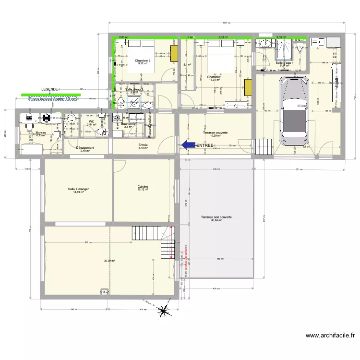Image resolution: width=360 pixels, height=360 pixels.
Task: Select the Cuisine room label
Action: [143, 188]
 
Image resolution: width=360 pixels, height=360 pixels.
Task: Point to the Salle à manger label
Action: [78, 190]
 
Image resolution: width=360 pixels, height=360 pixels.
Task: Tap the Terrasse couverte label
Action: [215, 133]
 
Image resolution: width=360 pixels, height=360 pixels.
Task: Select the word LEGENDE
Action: [50, 89]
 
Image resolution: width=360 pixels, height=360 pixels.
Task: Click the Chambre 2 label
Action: [143, 61]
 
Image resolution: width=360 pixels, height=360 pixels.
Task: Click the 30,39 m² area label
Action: [109, 261]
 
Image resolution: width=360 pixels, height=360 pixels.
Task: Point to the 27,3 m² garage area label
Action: [302, 106]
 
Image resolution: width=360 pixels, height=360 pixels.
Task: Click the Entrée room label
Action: [143, 145]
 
